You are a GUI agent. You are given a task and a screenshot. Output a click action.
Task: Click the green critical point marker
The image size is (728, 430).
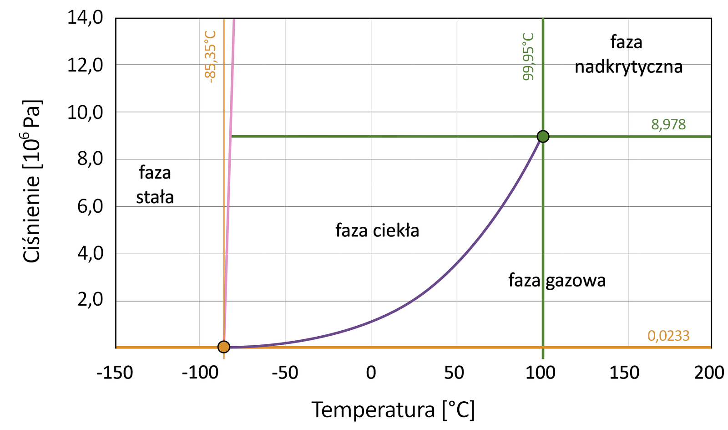point(543,136)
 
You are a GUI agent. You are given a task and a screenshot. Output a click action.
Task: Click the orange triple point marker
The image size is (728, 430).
point(223,347)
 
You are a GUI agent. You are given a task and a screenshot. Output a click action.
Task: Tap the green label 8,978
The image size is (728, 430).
point(668,124)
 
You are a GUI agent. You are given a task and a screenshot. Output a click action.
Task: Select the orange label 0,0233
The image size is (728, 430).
point(668,336)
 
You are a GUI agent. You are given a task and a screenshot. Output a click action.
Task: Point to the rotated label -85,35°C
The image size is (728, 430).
point(210,56)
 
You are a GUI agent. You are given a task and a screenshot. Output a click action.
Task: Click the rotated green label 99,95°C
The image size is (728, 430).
point(528,56)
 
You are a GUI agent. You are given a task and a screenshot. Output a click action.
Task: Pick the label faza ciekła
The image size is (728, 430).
point(377,230)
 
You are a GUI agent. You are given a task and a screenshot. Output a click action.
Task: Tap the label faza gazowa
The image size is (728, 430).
point(557,280)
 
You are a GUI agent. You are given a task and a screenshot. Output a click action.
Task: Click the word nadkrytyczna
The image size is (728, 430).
point(628,67)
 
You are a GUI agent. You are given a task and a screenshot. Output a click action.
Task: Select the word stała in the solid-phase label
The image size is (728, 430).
point(155,197)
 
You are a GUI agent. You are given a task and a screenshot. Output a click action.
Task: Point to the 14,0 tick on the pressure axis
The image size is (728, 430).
point(86,18)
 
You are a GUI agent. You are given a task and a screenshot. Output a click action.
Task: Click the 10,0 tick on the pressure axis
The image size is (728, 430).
point(86,112)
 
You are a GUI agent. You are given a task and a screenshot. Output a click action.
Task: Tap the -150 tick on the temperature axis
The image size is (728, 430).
point(115,373)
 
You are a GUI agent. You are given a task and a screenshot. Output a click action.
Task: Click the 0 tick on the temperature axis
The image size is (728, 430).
point(371,373)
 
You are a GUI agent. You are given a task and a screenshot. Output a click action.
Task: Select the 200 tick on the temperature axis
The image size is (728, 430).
point(709,373)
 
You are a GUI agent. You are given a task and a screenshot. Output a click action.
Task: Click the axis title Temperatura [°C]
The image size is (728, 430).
point(393,410)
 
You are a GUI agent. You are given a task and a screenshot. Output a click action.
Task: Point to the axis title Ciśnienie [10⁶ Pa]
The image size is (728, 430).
point(32,181)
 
